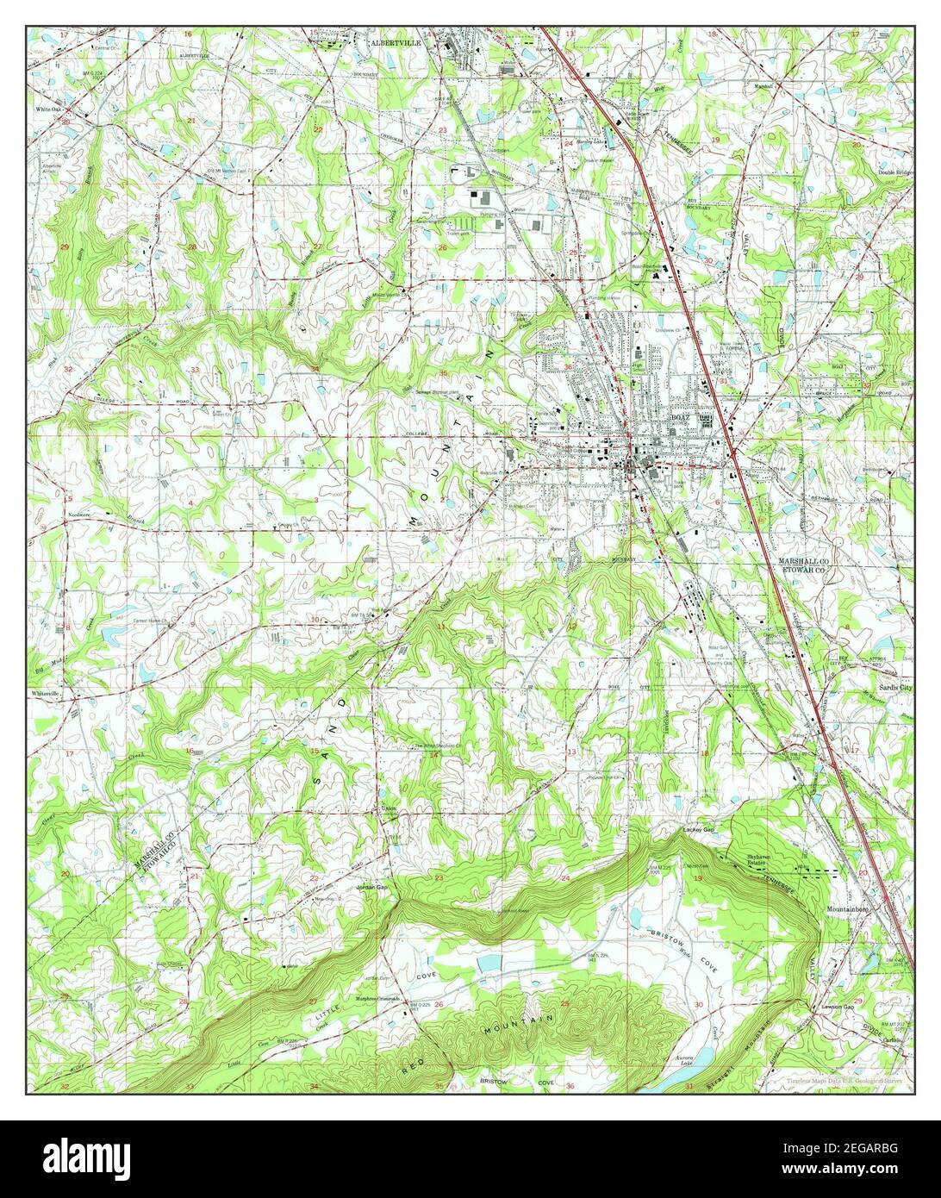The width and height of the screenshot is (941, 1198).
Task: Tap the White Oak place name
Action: point(49,110)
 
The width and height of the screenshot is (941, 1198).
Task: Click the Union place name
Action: point(389,808)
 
